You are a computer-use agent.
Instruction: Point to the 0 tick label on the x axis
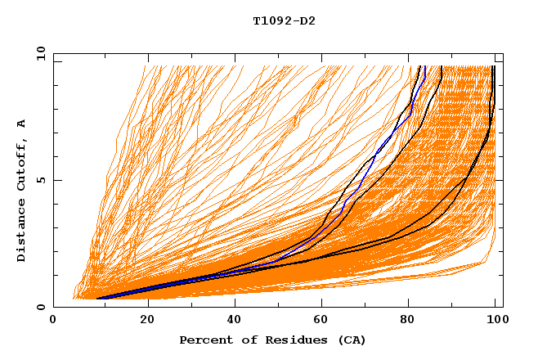click(x=53, y=321)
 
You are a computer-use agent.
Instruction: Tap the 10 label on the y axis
click(x=38, y=53)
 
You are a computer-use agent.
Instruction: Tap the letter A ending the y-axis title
click(x=22, y=123)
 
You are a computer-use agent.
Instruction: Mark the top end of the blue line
click(x=425, y=66)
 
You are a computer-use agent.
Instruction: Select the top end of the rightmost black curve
click(x=493, y=66)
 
